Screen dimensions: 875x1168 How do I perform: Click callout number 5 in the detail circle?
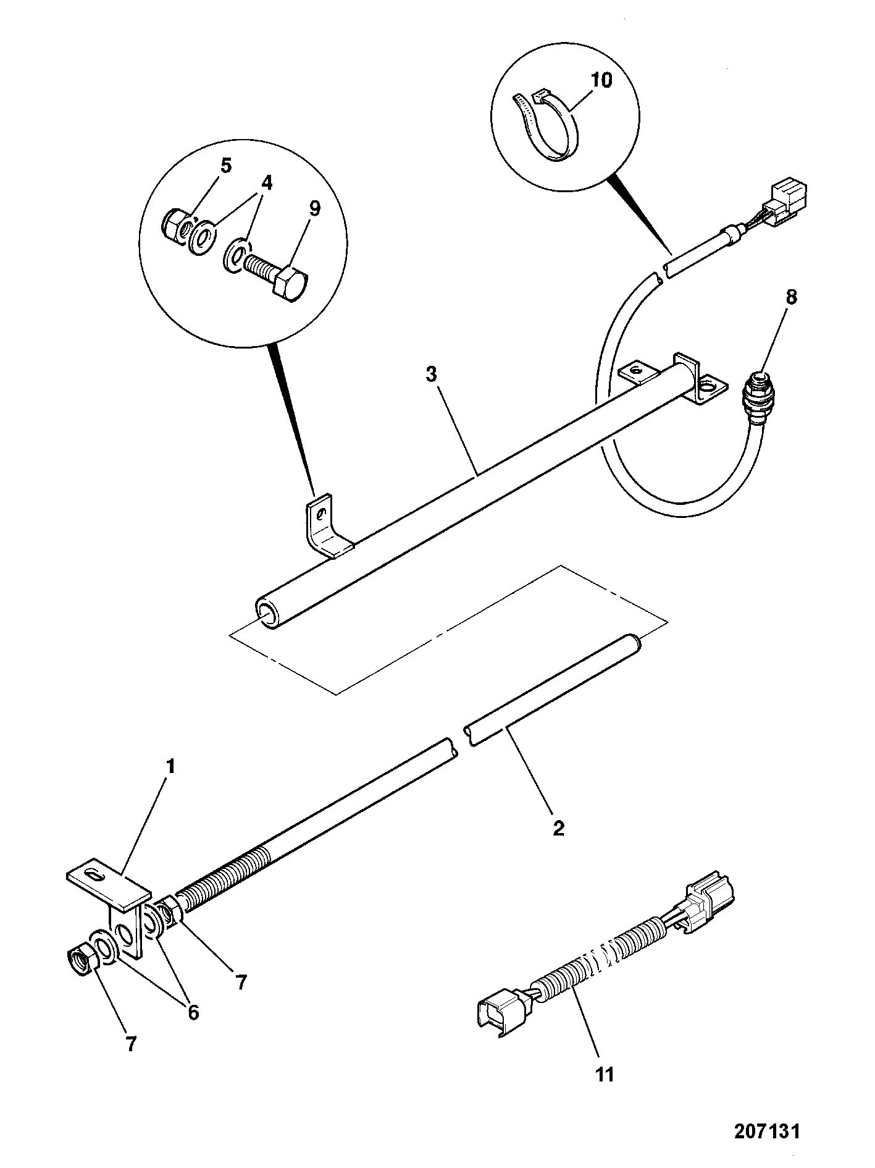227,165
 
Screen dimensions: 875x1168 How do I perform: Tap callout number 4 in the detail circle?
267,184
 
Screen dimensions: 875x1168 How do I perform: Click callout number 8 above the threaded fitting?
792,297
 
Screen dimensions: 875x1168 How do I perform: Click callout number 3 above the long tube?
432,374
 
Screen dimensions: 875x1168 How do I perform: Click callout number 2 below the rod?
558,828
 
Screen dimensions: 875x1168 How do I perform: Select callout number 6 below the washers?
193,1012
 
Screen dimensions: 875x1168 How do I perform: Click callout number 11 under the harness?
606,1074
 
